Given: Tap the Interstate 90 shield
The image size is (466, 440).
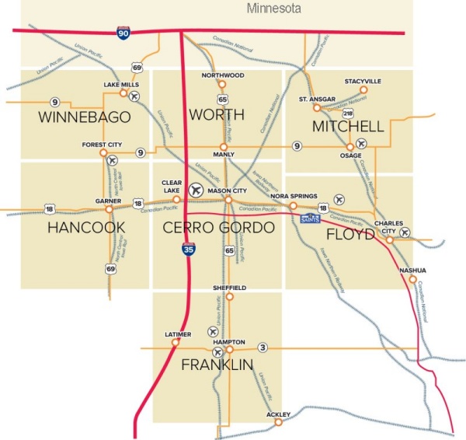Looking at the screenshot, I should (x=124, y=32).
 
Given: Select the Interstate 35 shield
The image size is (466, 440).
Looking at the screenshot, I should (x=187, y=250).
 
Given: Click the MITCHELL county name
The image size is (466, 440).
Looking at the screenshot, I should (x=347, y=126).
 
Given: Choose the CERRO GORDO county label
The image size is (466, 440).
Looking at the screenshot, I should (x=219, y=228).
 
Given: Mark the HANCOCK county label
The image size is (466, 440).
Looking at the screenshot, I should (x=81, y=228).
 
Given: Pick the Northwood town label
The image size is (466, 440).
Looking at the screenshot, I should (x=222, y=75).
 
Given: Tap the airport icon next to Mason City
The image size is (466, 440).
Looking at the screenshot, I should (x=196, y=190).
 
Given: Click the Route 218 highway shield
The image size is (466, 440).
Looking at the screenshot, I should (x=348, y=114).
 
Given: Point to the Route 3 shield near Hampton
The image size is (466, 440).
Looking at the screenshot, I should (x=263, y=347).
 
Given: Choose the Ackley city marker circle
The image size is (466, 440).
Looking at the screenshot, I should (x=277, y=422).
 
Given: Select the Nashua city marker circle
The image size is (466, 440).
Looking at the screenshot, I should (x=412, y=279).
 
